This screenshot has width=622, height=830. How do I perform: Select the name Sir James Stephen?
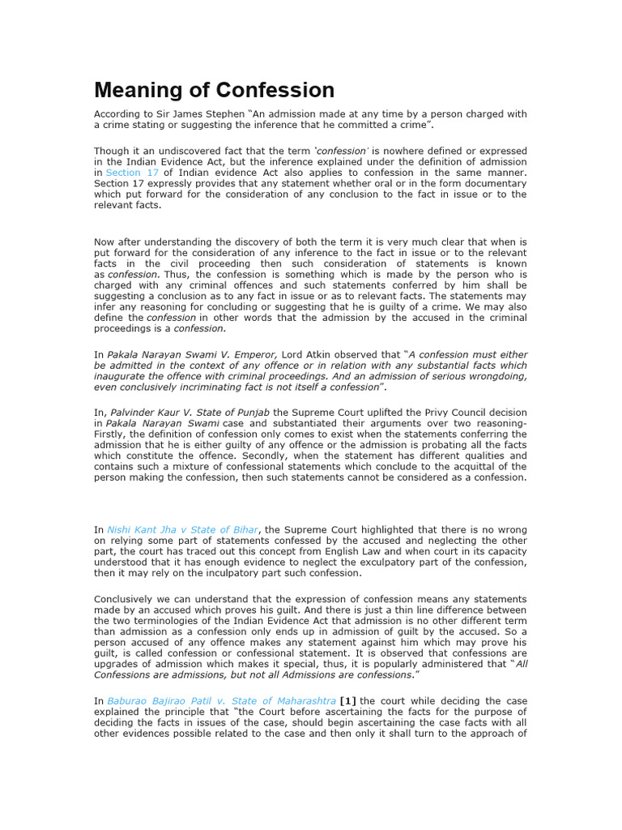(186, 114)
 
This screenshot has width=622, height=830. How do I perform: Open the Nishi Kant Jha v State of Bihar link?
(183, 530)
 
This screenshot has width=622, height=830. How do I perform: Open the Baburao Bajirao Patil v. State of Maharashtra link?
(221, 700)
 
